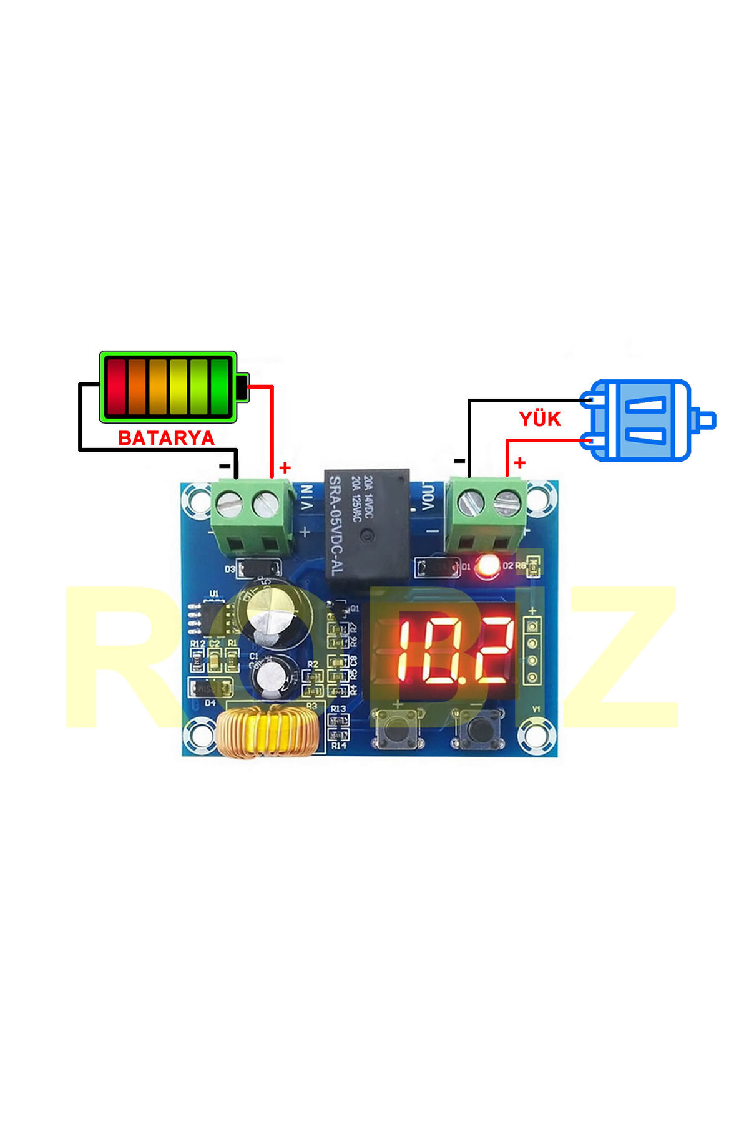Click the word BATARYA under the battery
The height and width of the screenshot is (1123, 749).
click(x=166, y=438)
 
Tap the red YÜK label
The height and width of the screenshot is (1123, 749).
click(x=539, y=419)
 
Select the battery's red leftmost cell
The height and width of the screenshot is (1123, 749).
click(x=116, y=387)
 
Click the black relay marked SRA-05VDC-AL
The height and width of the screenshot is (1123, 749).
click(x=367, y=526)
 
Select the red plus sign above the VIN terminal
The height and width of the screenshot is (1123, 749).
click(x=285, y=467)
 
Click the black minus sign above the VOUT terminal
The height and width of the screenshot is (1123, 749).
click(x=459, y=461)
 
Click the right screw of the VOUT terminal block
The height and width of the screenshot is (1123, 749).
click(x=506, y=502)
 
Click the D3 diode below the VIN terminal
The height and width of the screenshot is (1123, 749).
click(x=260, y=568)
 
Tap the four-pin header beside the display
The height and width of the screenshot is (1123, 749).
click(x=532, y=651)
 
